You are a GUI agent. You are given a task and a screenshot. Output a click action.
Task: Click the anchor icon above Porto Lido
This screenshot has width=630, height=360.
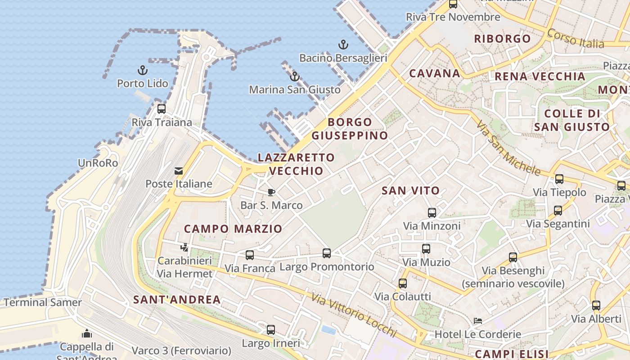pos(143,70)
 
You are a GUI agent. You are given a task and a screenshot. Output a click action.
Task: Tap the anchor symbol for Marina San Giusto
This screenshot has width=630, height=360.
pos(295,76)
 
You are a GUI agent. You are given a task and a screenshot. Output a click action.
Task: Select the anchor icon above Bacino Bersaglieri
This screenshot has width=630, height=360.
pos(343,45)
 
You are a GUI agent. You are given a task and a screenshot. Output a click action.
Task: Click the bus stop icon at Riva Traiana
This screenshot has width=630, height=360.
pos(162,109)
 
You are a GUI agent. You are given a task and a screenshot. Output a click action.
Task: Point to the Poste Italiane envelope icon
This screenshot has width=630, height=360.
pos(179,171)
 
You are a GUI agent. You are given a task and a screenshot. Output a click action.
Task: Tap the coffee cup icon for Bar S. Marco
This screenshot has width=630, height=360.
pos(271,193)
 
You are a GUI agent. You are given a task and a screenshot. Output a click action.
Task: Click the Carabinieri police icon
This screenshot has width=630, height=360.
pos(184,247)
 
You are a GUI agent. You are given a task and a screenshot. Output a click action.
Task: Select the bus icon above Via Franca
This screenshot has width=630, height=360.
pos(250,255)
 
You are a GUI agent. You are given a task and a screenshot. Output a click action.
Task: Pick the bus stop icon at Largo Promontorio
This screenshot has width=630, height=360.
pos(327,253)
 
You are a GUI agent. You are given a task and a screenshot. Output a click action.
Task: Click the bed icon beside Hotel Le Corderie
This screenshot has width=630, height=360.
pos(478,321)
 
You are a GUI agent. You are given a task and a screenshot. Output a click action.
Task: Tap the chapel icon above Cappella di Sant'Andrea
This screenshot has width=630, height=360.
pos(87,333)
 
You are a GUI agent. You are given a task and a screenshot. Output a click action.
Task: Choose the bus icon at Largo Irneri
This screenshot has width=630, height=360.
pos(271,330)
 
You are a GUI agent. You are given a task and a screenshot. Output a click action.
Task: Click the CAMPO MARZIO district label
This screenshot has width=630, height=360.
pos(233,229)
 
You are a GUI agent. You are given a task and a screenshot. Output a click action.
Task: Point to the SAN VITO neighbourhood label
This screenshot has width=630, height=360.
pos(410,191)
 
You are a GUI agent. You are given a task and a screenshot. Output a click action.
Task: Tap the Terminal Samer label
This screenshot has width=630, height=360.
pos(43,302)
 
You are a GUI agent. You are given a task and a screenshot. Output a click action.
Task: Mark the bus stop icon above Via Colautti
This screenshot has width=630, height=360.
pos(403,283)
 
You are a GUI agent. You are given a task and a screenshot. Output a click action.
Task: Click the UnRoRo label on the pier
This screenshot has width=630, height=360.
pos(98,163)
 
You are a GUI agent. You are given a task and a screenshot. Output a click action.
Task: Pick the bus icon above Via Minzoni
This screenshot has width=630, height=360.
pos(432,213)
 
